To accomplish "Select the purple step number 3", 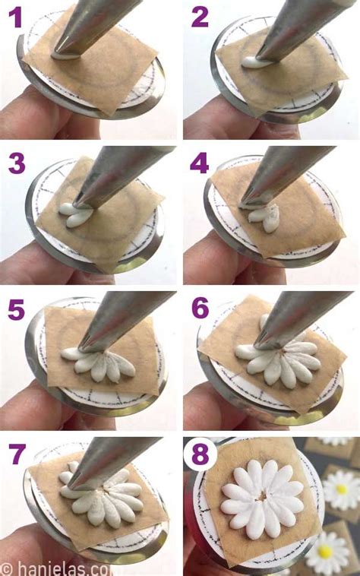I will (17, 163).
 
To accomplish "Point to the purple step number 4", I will (200, 163).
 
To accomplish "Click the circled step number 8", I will (201, 455).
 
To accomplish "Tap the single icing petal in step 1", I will (65, 55).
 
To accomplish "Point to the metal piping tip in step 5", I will (114, 319).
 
